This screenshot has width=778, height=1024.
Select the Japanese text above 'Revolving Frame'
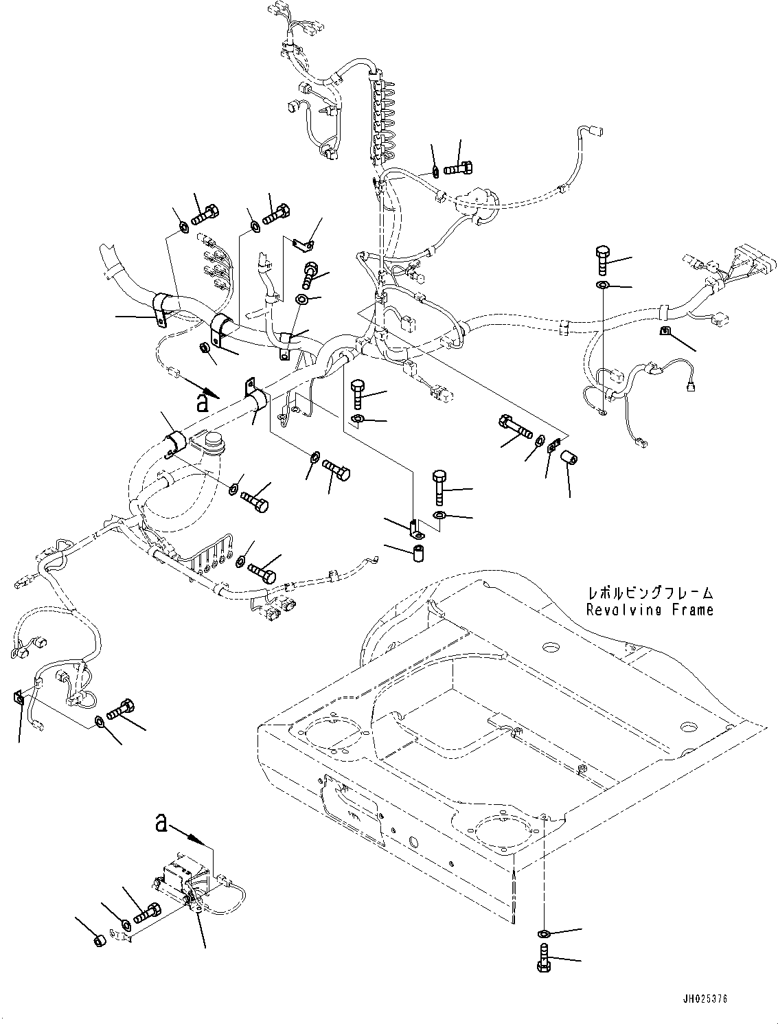click(650, 593)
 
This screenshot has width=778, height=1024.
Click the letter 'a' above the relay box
click(161, 822)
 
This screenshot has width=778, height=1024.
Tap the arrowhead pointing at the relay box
click(205, 841)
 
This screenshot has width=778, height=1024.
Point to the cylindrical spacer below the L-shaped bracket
click(416, 554)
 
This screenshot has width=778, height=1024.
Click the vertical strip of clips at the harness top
click(380, 117)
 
